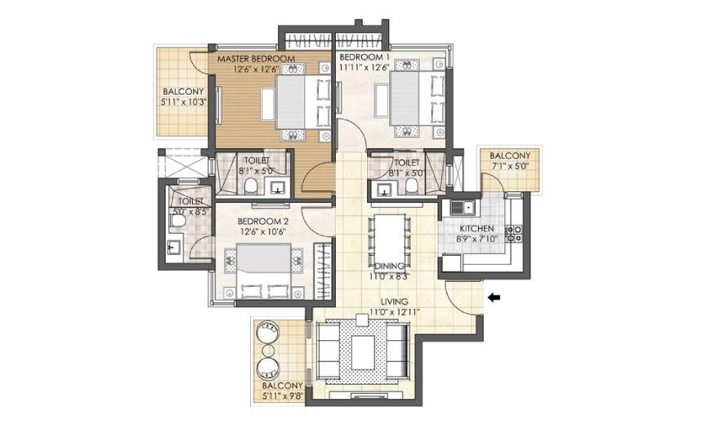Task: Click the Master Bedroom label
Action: coord(256,59)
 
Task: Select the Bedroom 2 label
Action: coord(263,221)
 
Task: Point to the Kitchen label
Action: coord(476,229)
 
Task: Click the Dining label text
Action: coord(389,266)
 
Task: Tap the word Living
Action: coord(394,302)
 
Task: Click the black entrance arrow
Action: coord(494,297)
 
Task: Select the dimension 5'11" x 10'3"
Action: coord(184,102)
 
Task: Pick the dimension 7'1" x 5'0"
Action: coord(510,166)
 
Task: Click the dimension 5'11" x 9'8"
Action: coord(282,396)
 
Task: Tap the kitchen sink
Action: coord(462,208)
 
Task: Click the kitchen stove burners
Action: coord(514,233)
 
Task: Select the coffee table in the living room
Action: coord(363,352)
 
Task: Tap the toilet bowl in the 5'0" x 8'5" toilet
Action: coord(177,221)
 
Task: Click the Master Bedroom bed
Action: coord(302,102)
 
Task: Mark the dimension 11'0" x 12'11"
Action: coord(394,312)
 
